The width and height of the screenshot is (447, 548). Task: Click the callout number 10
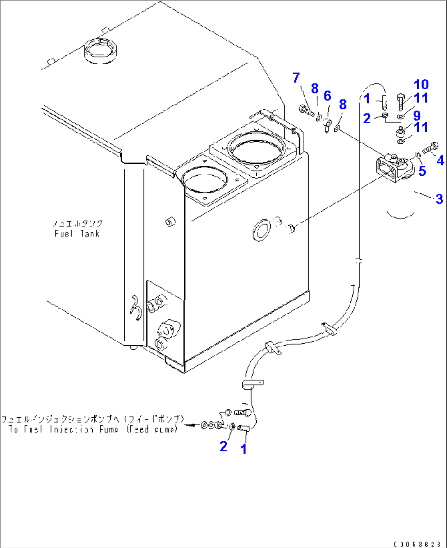(x=421, y=85)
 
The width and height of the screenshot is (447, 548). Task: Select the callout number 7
(x=296, y=77)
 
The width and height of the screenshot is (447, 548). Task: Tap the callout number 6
(x=327, y=96)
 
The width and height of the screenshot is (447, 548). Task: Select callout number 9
(x=417, y=115)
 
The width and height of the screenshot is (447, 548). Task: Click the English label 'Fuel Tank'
(x=77, y=234)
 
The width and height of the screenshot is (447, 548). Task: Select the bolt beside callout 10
(x=401, y=102)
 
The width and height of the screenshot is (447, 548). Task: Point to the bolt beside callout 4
(x=430, y=149)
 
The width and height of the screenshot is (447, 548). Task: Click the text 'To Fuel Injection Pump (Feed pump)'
(x=93, y=430)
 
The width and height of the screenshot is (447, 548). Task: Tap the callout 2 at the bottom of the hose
(x=223, y=446)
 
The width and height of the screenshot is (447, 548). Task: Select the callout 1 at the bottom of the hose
(x=244, y=449)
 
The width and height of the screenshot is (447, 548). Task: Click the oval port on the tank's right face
(x=262, y=231)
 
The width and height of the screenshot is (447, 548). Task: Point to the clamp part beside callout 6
(x=327, y=124)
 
